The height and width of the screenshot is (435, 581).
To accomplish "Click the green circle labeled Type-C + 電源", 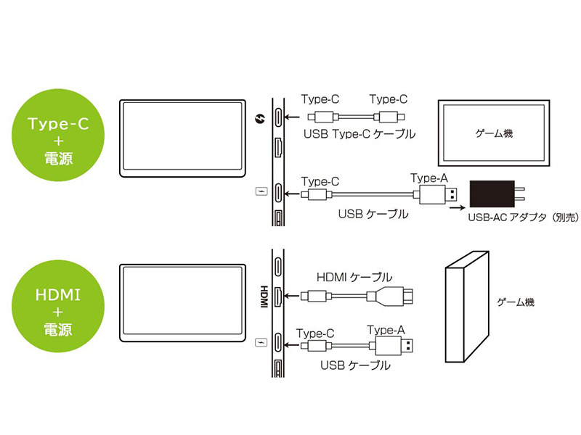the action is [x=58, y=135].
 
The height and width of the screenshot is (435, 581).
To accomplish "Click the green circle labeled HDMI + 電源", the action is [x=58, y=306].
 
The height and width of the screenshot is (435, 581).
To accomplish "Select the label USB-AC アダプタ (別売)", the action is [x=523, y=217].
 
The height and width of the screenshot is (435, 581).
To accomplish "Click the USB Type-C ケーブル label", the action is [x=359, y=134].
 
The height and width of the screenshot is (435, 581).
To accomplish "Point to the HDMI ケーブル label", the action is [x=354, y=277].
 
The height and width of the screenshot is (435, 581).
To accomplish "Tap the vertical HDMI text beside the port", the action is [x=264, y=297].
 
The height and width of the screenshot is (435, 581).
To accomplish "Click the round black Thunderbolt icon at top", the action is [x=261, y=119].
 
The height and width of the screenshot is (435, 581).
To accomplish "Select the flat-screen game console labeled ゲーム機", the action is [x=494, y=133].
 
